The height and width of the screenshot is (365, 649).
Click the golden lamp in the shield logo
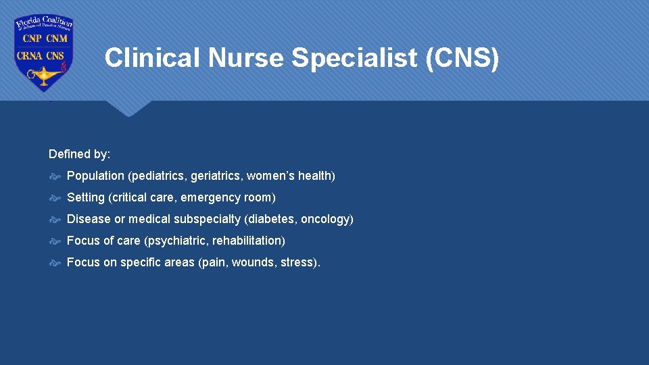click(41, 76)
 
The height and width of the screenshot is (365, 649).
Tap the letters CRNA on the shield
click(30, 55)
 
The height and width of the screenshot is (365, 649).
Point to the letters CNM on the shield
click(56, 39)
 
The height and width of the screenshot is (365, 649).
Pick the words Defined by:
click(80, 154)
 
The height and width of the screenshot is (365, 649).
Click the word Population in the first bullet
click(95, 176)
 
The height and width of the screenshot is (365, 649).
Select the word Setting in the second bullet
click(86, 197)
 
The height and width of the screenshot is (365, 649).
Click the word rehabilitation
click(247, 241)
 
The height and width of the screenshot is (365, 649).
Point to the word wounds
click(254, 262)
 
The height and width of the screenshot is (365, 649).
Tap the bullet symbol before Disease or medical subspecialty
click(55, 219)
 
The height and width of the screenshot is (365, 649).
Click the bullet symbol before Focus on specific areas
click(55, 262)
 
